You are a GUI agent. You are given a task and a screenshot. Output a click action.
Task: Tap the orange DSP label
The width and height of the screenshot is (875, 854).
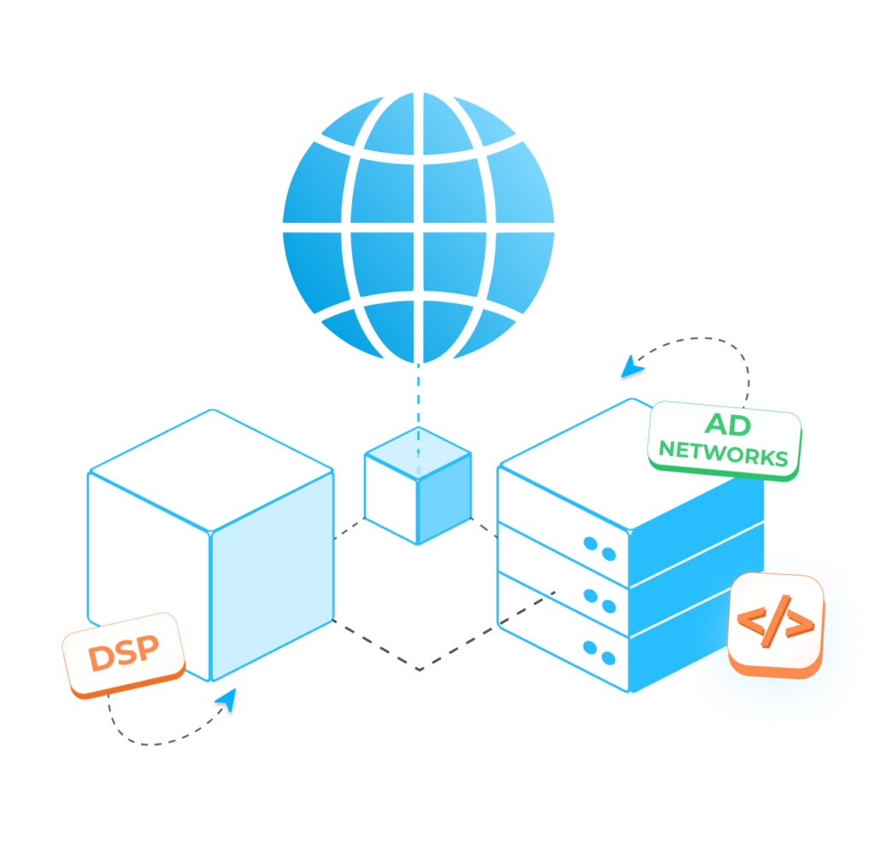point(124,654)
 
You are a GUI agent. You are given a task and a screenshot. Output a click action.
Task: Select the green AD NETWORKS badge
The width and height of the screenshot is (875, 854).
point(725,440)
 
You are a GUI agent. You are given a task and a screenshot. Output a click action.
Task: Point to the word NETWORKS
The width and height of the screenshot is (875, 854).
point(724,454)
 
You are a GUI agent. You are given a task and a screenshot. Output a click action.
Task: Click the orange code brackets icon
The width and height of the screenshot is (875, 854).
point(776,625)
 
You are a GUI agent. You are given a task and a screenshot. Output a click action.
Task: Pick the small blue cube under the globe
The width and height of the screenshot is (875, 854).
point(418,485)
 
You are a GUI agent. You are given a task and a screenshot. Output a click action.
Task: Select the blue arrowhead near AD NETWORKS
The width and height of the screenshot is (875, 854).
point(632,368)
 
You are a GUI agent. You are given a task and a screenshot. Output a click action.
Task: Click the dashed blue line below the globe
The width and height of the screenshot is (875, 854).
point(418,401)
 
